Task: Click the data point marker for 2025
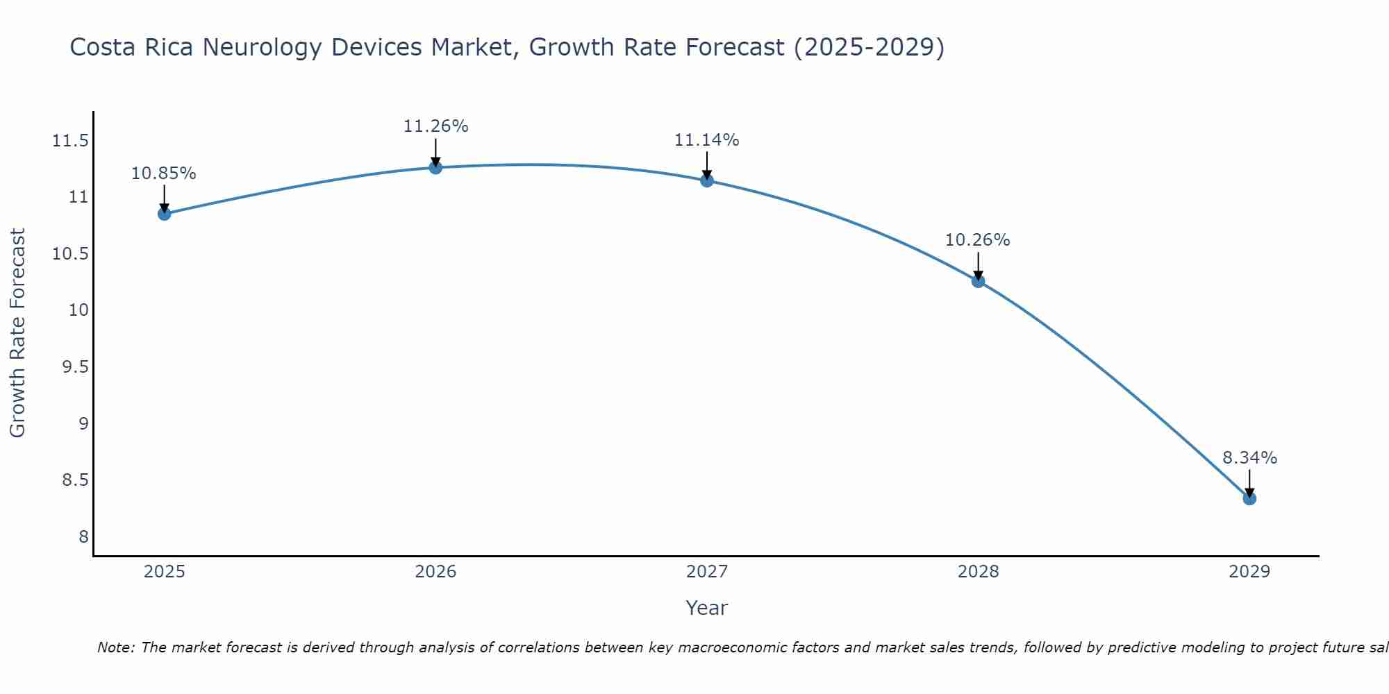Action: pos(164,214)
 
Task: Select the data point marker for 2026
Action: pos(435,167)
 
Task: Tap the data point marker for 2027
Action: pos(707,180)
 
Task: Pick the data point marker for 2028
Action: pos(978,281)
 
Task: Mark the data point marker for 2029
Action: pos(1249,498)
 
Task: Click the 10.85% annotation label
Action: pos(164,173)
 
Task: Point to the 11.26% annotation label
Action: pos(435,126)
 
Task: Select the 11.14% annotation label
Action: pos(707,140)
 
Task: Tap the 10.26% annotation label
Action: pos(978,240)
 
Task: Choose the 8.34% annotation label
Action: pos(1249,458)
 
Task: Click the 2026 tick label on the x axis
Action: pos(435,572)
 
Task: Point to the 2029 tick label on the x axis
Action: pos(1249,572)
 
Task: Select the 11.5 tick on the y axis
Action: pos(71,142)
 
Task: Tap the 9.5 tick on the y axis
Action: pos(76,367)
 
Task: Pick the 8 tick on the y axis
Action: pos(83,537)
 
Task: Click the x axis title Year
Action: pos(706,608)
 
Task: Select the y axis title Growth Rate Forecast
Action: pos(17,333)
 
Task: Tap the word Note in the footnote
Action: pos(115,648)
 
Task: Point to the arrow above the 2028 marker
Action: pos(978,265)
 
